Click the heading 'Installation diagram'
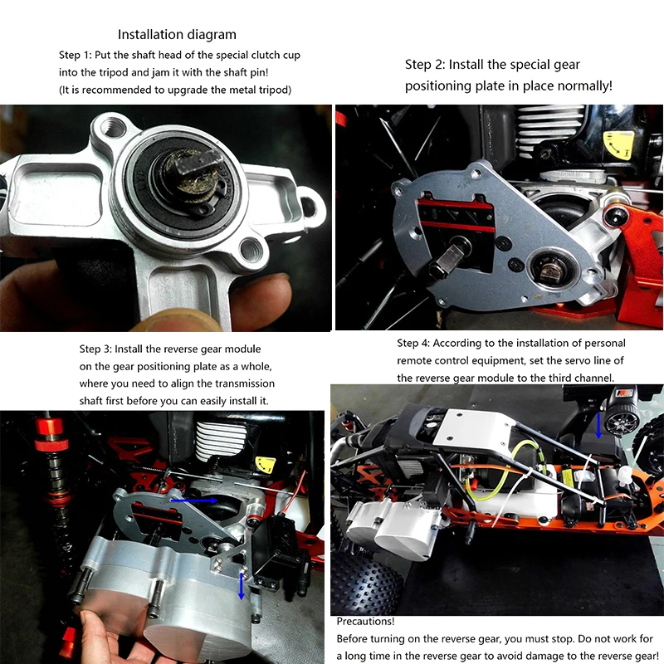pos(177,34)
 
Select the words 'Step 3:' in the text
pos(100,349)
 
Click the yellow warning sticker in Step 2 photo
pos(619,145)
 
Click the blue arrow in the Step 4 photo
pos(599,425)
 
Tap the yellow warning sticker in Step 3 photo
pos(266,466)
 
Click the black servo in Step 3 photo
pos(277,548)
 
